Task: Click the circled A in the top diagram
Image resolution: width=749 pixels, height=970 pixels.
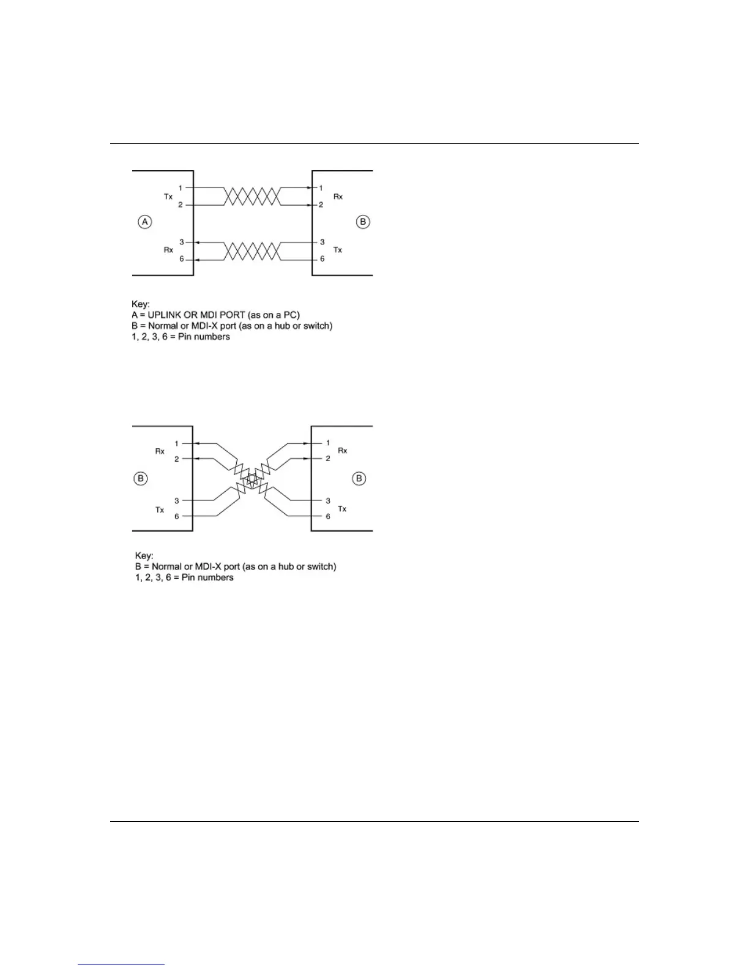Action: (145, 222)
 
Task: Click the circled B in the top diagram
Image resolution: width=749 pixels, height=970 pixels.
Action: (363, 222)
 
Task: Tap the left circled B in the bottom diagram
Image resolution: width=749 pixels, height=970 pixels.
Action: (141, 478)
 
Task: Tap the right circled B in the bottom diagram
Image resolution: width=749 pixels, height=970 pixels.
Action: (359, 478)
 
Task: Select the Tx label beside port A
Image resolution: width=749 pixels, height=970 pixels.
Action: (168, 197)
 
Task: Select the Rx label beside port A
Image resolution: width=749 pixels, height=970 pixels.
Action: (168, 250)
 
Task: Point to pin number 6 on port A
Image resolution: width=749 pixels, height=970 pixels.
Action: (182, 259)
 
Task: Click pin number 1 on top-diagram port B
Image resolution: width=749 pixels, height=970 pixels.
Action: (321, 188)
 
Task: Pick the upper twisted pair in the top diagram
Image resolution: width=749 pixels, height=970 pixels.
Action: (252, 197)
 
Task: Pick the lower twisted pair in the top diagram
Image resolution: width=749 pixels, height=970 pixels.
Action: (252, 251)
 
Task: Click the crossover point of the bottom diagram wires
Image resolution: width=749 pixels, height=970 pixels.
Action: (252, 479)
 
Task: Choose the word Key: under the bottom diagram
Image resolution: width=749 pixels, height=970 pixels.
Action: (144, 555)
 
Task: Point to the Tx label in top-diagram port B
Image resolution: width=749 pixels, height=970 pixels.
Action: (337, 250)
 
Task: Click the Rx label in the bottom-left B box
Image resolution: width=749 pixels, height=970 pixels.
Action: (160, 451)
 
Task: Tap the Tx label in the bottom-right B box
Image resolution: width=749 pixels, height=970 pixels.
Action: (342, 509)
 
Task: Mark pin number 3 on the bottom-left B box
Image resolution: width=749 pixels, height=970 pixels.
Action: (177, 501)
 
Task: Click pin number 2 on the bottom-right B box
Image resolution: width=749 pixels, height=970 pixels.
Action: (327, 458)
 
